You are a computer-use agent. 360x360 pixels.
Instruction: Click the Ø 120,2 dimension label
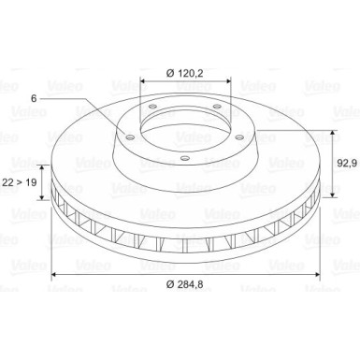pos(185,73)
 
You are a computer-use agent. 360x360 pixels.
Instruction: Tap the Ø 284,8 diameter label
pos(185,284)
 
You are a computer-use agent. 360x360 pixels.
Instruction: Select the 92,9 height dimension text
pos(347,163)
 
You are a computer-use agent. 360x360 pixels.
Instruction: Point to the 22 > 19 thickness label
pos(20,182)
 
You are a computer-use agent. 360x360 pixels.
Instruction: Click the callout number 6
pos(34,98)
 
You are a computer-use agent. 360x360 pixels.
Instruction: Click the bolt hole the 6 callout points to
pos(130,137)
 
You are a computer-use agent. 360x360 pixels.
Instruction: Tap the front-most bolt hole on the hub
pos(185,158)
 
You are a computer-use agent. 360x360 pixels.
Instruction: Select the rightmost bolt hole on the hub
pos(239,137)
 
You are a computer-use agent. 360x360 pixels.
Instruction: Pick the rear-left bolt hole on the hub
pos(152,107)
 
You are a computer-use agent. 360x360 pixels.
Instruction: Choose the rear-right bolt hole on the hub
pos(217,107)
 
